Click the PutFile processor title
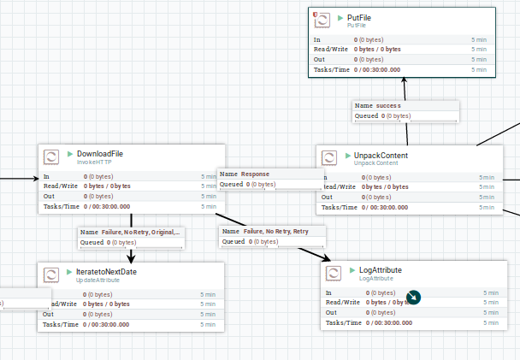(359, 17)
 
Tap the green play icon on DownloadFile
(70, 154)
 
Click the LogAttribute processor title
(381, 270)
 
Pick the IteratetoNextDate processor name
(107, 271)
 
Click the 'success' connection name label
(387, 105)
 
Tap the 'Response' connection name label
(255, 174)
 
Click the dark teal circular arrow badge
(414, 298)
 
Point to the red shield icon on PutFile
(316, 15)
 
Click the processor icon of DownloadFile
(51, 156)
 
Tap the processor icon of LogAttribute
(334, 274)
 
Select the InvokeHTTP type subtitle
(94, 162)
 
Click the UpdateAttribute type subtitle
(97, 280)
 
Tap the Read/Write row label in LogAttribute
(341, 303)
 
